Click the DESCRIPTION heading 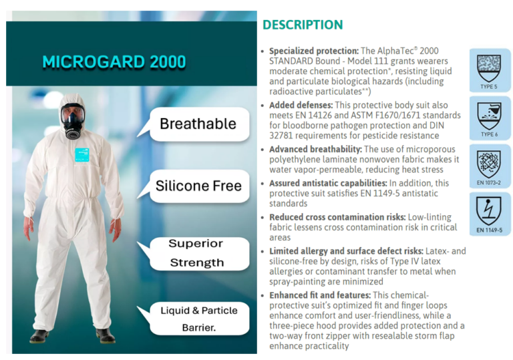click(303, 25)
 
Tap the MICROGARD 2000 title click(114, 62)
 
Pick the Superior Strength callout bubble click(196, 254)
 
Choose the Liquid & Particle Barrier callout click(196, 319)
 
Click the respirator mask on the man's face click(72, 122)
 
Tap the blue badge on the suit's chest click(82, 155)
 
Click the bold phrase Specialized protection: click(314, 51)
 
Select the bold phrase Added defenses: click(301, 106)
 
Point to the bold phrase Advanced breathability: click(315, 149)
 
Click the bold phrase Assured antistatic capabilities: click(328, 183)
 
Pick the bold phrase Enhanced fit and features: click(320, 295)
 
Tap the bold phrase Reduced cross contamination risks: click(337, 217)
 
